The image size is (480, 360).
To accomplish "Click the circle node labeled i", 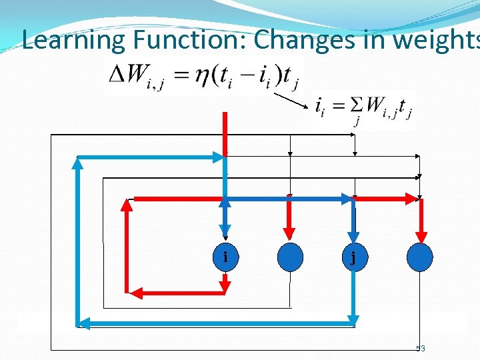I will pos(225,257).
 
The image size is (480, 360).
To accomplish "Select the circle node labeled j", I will pos(353,257).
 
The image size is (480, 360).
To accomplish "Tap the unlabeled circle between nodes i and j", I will pos(289,257).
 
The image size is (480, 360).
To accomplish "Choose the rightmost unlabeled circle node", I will pos(419,257).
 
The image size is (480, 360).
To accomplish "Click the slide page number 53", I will pos(420,349).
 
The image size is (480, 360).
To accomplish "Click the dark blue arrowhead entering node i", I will pos(225,237).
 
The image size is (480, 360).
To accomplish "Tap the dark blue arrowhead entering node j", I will pos(353,237).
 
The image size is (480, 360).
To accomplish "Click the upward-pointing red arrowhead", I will pos(127,205).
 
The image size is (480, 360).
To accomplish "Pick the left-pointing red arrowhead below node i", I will pos(133,292).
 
